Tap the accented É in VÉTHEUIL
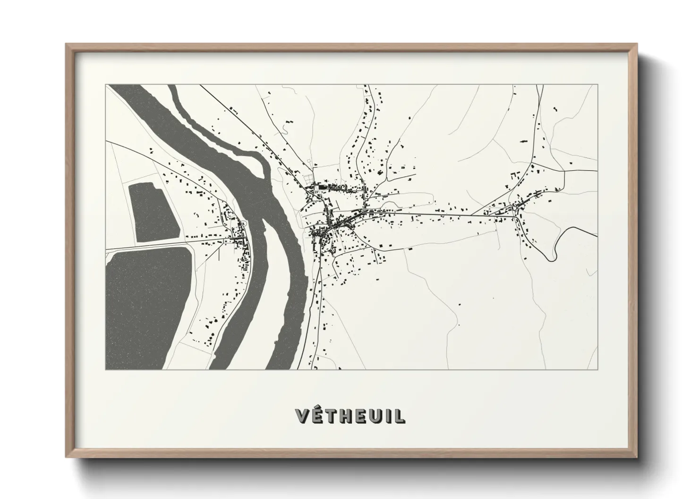318,416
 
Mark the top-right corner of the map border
597,85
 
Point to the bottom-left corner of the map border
106,369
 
